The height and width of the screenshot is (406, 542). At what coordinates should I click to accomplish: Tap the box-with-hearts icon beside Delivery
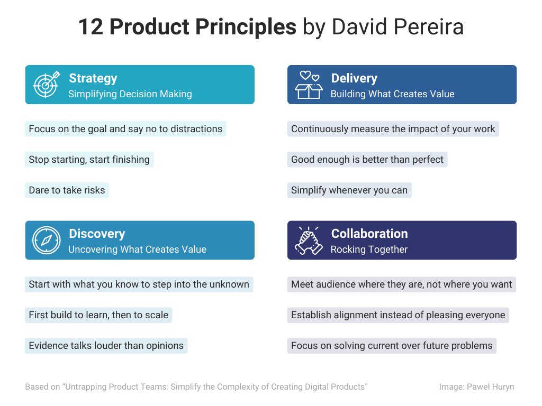(x=309, y=85)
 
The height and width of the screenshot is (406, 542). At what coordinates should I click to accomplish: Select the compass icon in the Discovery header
(x=47, y=240)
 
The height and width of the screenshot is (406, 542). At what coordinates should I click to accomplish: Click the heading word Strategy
(x=93, y=78)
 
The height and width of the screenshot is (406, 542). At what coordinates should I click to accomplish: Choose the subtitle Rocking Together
(x=369, y=250)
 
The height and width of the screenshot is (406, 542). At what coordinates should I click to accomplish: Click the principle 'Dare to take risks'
(x=67, y=190)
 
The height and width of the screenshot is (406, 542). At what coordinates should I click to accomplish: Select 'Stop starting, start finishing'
(x=89, y=160)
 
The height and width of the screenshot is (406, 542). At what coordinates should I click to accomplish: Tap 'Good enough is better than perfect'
(x=367, y=160)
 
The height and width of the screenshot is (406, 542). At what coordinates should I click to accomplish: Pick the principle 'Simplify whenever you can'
(x=349, y=190)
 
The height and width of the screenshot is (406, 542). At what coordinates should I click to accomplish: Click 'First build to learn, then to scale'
(x=98, y=315)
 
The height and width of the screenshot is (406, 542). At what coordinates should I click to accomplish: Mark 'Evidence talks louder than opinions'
(x=106, y=346)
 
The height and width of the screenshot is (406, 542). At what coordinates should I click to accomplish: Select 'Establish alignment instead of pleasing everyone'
(x=398, y=315)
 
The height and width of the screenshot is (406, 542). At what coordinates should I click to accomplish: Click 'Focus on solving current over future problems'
(x=392, y=346)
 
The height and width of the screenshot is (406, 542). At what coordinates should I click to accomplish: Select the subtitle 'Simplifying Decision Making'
(x=130, y=94)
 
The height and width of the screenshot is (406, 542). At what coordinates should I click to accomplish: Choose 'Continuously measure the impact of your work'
(x=393, y=129)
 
